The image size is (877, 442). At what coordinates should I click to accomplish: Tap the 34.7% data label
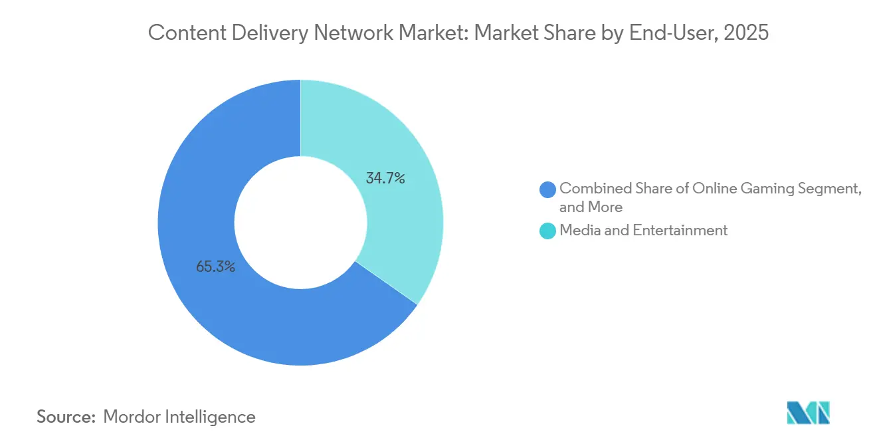click(385, 178)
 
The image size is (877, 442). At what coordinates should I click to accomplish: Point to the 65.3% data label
click(215, 268)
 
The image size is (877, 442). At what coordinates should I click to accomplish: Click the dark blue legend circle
click(548, 189)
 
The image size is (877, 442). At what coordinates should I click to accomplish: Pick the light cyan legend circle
click(548, 231)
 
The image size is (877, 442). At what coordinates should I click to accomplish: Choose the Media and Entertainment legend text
click(643, 231)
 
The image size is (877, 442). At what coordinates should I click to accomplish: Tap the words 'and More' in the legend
click(591, 207)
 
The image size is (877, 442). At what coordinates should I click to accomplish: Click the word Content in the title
click(180, 33)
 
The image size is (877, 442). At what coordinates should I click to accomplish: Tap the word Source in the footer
click(65, 417)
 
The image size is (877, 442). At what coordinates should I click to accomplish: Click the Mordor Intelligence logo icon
click(808, 413)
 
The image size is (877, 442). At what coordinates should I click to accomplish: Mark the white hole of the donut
click(300, 223)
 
